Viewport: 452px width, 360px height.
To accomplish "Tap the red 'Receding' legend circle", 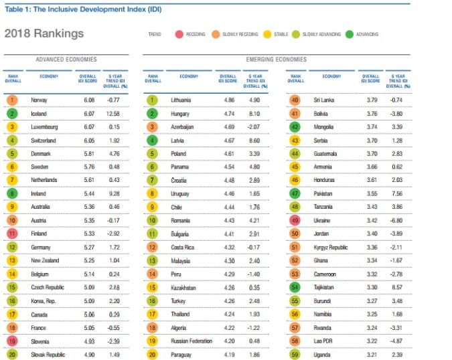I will [179, 33].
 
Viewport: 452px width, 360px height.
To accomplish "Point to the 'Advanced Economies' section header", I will [66, 60].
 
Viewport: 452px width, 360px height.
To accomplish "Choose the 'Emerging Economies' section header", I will [276, 60].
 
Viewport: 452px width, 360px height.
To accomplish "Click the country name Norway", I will [39, 100].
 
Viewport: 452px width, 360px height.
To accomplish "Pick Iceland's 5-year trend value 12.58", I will [113, 114].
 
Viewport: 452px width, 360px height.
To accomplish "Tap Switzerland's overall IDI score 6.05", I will [88, 139].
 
